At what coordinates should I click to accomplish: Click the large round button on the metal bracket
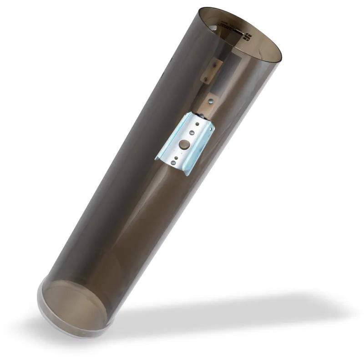(x=184, y=145)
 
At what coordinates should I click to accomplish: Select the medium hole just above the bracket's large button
(x=191, y=133)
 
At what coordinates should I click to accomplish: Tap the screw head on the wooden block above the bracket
(x=210, y=101)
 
